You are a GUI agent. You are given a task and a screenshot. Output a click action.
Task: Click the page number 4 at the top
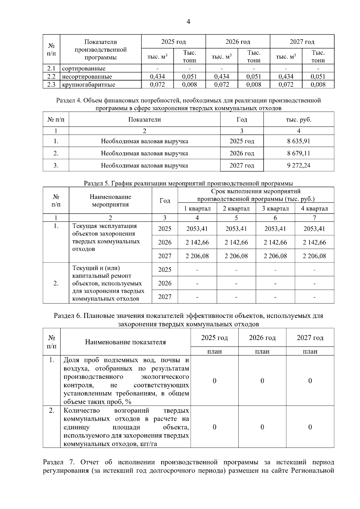click(x=188, y=22)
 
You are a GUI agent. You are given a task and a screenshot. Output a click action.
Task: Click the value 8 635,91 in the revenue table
click(x=298, y=141)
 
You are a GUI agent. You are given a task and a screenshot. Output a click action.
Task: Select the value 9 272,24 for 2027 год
click(x=298, y=165)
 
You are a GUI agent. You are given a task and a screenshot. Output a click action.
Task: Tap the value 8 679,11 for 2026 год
click(x=298, y=153)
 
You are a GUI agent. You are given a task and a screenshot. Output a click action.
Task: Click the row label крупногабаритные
click(x=88, y=85)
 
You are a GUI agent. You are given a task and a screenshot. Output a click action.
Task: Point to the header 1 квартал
click(x=197, y=208)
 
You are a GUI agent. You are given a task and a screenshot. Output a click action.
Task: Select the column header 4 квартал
click(x=314, y=208)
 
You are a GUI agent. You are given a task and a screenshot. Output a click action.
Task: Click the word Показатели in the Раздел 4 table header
click(x=145, y=119)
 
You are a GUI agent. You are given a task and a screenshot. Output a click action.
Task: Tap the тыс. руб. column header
click(x=298, y=119)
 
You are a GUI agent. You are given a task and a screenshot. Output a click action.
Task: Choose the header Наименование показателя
click(x=125, y=342)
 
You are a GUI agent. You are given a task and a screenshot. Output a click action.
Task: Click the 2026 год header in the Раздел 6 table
click(x=262, y=338)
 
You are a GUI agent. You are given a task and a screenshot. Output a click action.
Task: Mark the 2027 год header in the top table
click(x=302, y=41)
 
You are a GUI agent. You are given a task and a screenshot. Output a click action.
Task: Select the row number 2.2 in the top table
click(x=51, y=76)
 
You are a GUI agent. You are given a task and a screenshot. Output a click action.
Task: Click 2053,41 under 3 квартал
click(x=275, y=229)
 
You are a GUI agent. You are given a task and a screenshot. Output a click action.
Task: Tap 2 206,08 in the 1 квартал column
click(x=197, y=256)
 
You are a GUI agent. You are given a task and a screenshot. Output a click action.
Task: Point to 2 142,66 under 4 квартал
click(x=314, y=242)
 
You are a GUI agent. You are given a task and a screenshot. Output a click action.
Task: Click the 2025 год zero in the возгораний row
click(x=214, y=427)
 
